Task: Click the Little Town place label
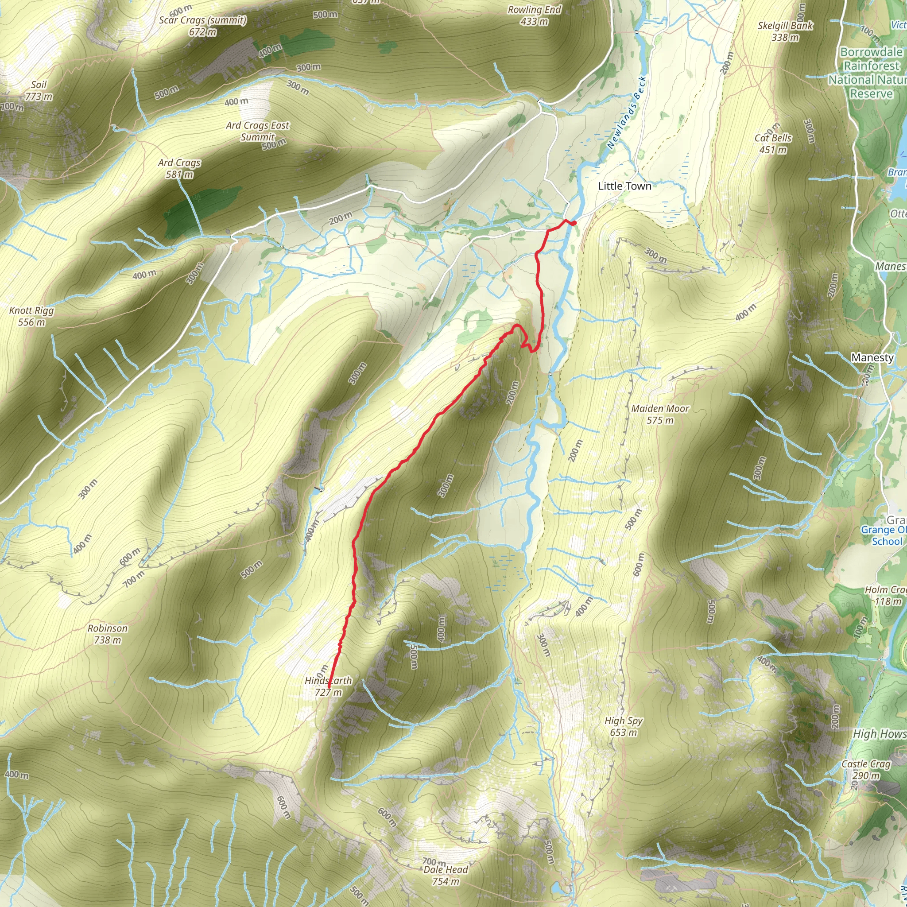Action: (x=624, y=186)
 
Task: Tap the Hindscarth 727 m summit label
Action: (x=328, y=686)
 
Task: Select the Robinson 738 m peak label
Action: (x=108, y=634)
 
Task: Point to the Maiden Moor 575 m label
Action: (x=659, y=414)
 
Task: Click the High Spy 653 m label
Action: (x=624, y=726)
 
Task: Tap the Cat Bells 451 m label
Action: (x=773, y=143)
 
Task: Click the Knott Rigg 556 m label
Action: (x=31, y=316)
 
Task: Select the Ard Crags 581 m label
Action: (x=179, y=168)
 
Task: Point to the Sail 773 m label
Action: (x=39, y=91)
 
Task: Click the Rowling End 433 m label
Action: (x=534, y=16)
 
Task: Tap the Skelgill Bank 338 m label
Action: (x=785, y=31)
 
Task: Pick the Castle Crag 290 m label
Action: (x=866, y=769)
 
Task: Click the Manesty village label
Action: (x=872, y=357)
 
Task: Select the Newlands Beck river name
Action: (x=626, y=113)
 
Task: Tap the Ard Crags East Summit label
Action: (x=257, y=131)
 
